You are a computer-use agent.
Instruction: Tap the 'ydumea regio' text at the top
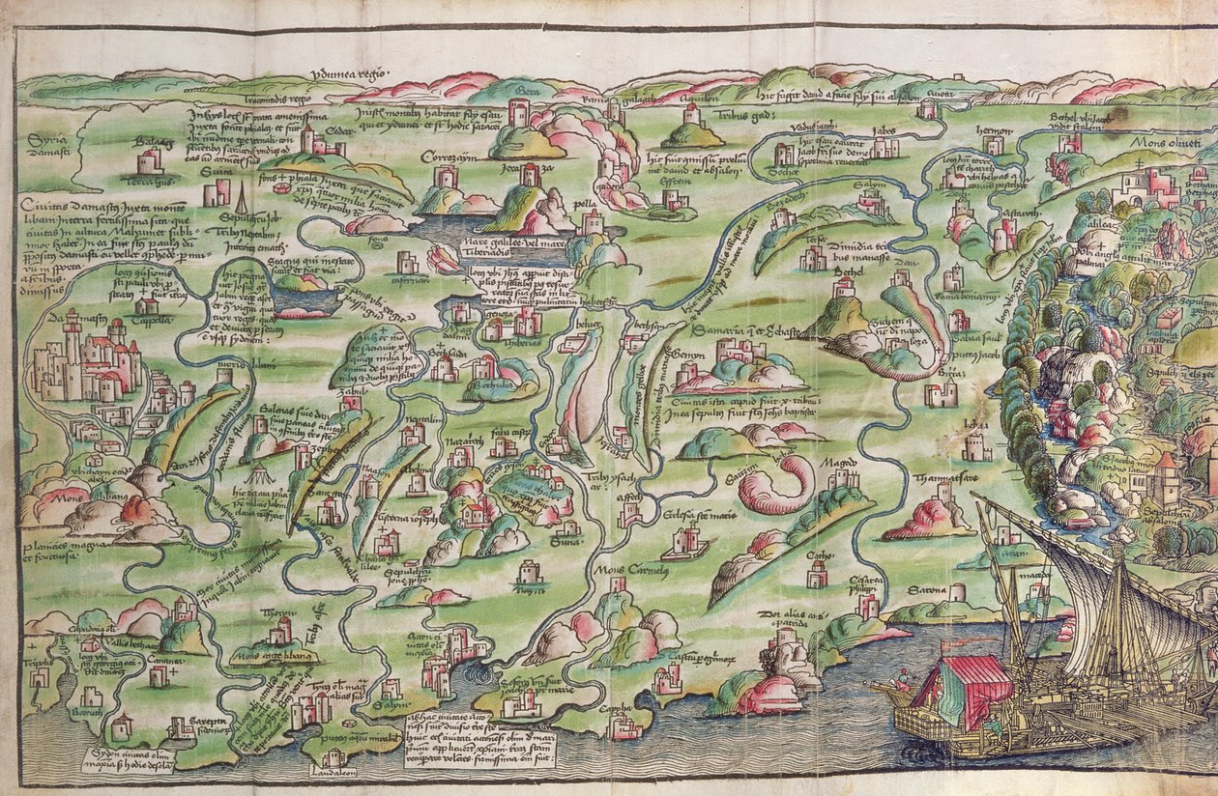(349, 73)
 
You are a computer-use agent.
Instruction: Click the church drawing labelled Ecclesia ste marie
(687, 542)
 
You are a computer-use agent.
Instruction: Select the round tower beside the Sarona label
(957, 592)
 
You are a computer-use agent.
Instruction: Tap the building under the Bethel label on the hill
(844, 289)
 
